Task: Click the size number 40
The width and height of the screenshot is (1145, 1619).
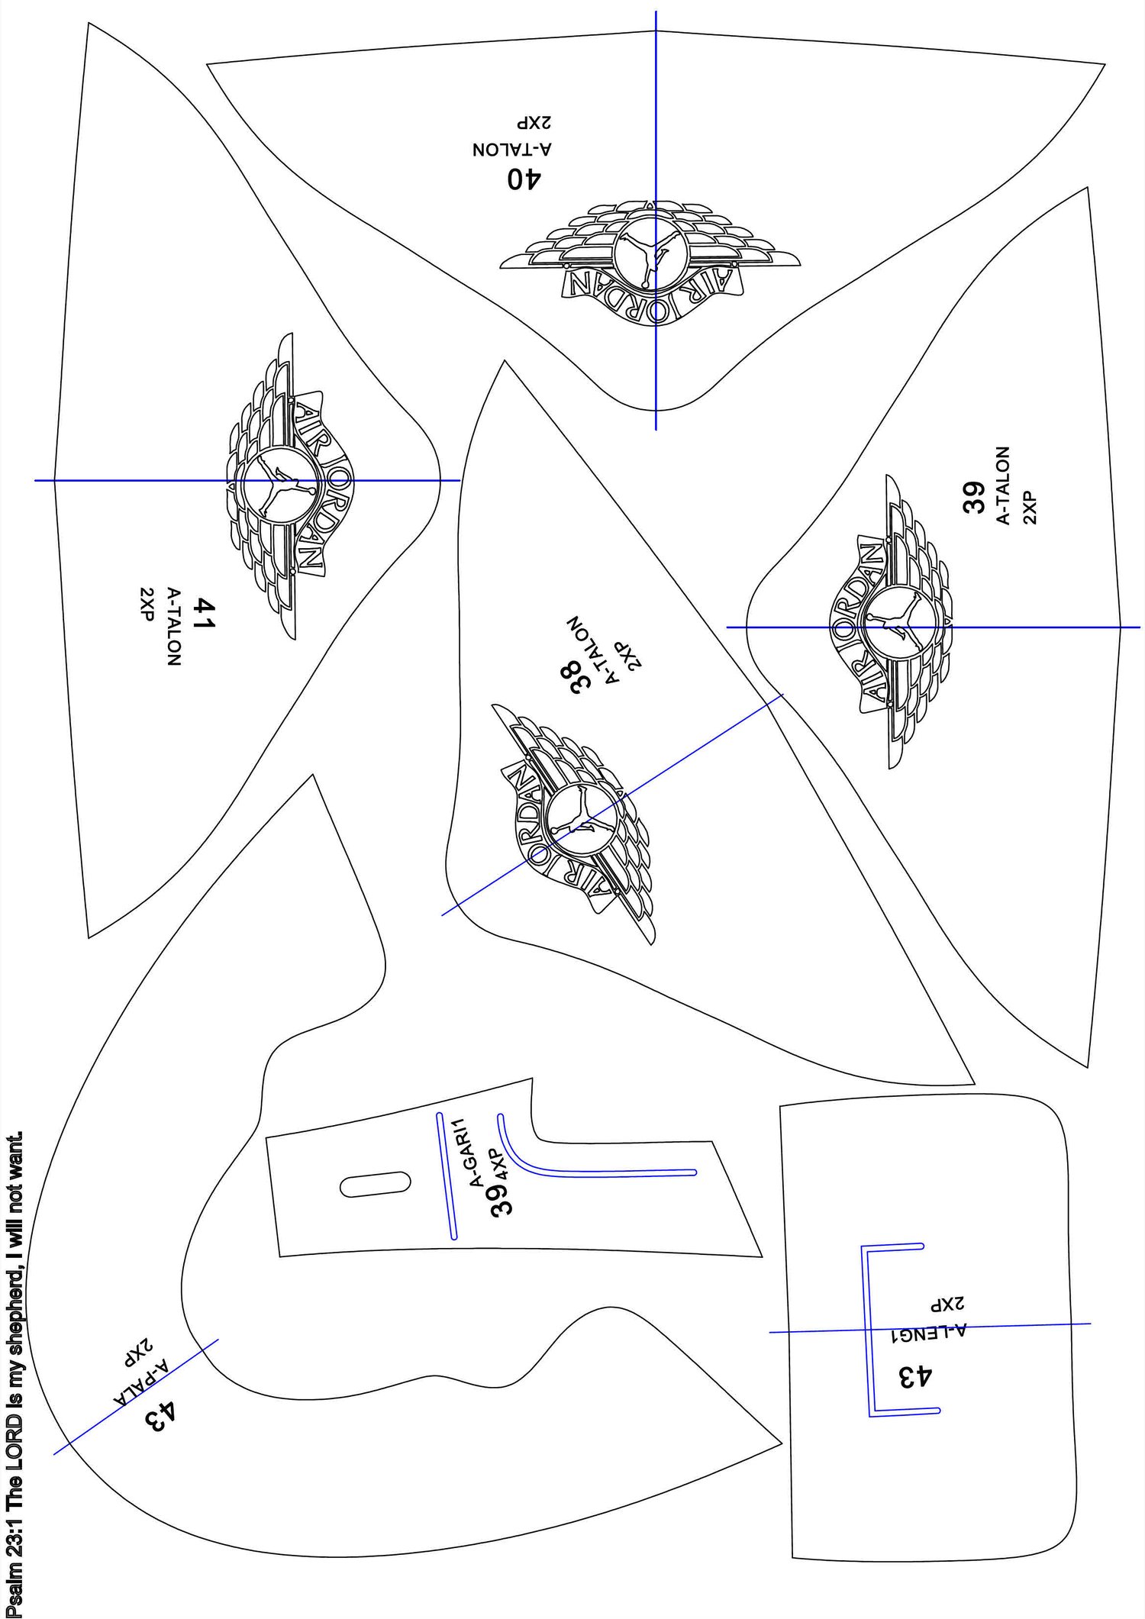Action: pyautogui.click(x=524, y=179)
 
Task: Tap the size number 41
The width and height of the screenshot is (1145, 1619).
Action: pyautogui.click(x=205, y=614)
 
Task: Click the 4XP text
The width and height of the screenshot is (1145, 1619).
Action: pyautogui.click(x=498, y=1164)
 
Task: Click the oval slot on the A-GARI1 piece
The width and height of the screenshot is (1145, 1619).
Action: pyautogui.click(x=375, y=1183)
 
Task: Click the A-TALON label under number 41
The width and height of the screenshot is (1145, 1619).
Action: pyautogui.click(x=174, y=627)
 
